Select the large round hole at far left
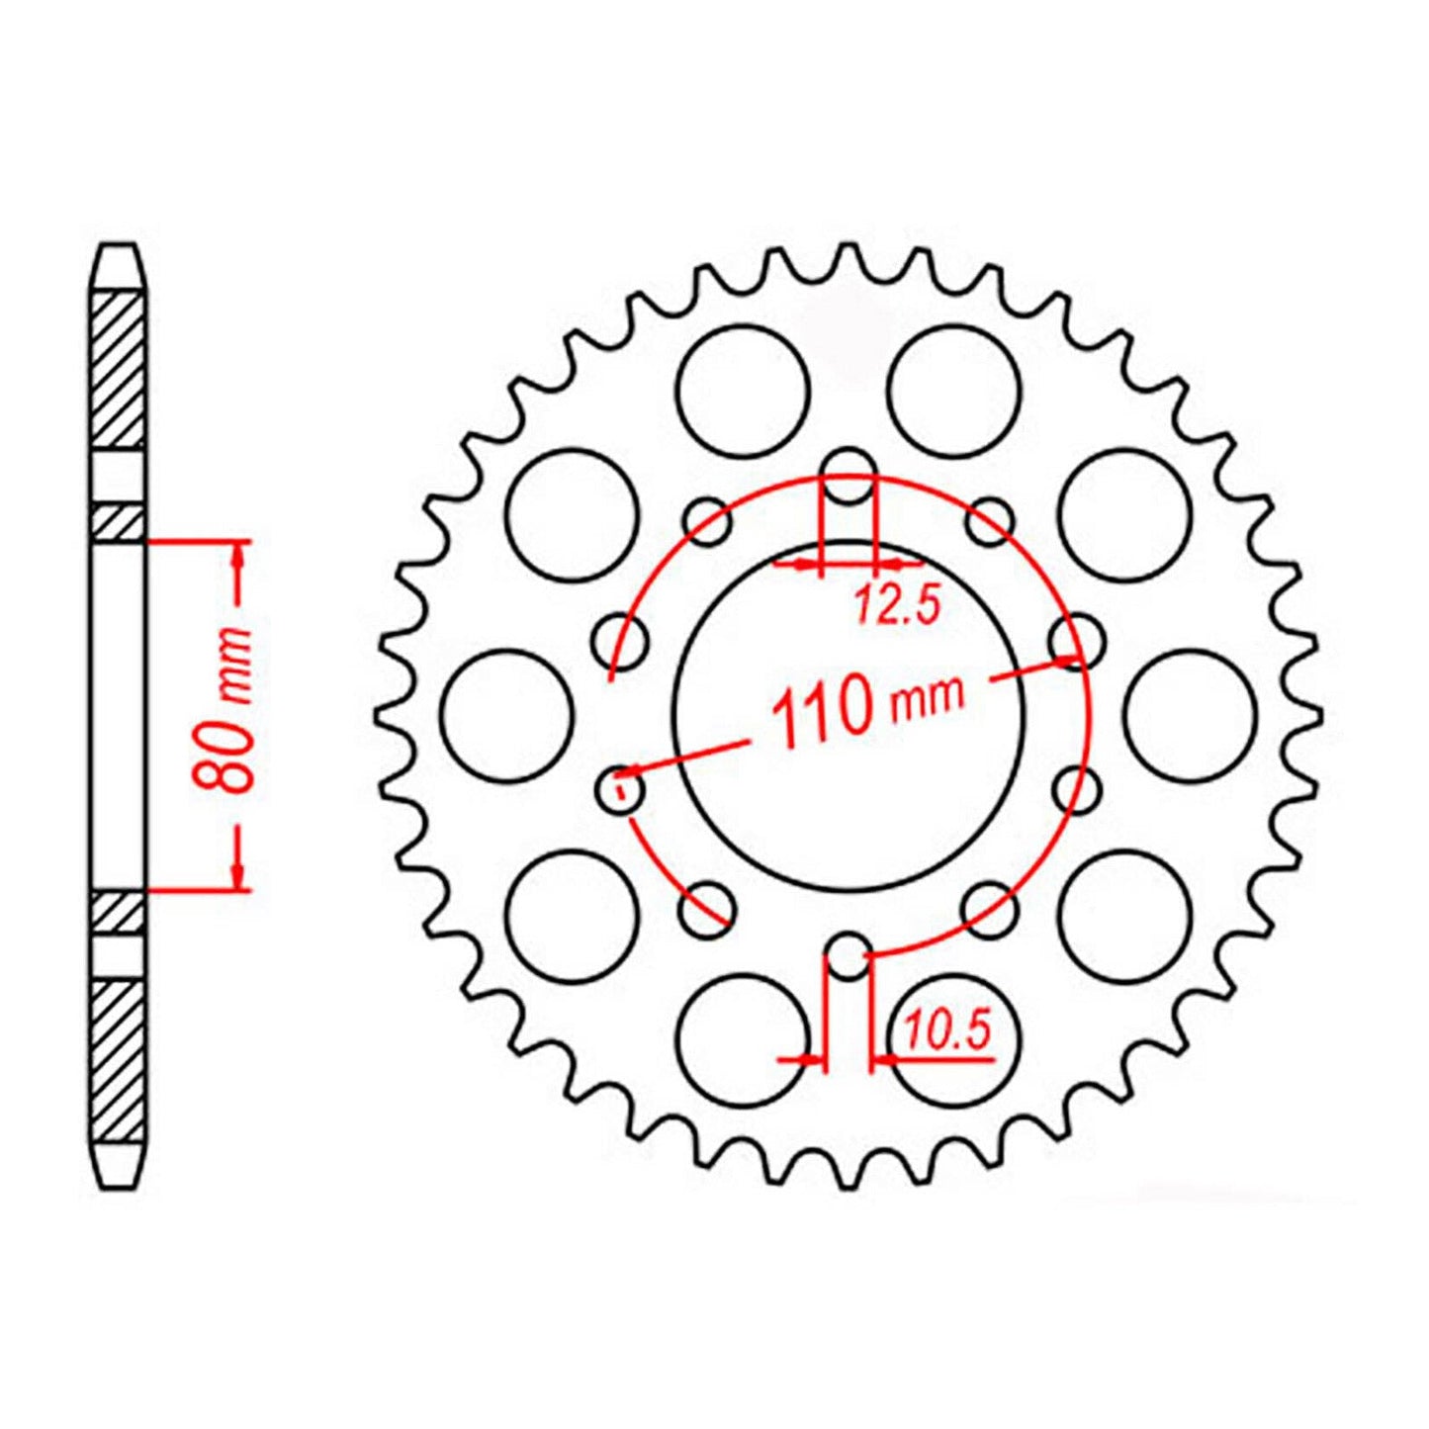point(507,715)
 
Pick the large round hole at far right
point(1190,715)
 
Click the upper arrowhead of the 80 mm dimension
point(237,559)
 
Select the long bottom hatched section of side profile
point(119,1060)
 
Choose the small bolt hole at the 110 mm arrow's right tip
point(1074,642)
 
